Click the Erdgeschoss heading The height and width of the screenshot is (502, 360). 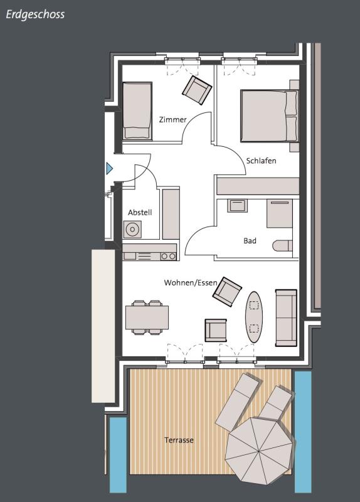pyautogui.click(x=35, y=14)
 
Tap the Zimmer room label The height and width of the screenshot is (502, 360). pyautogui.click(x=173, y=120)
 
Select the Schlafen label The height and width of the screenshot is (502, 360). pyautogui.click(x=261, y=161)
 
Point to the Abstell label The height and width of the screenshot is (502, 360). pyautogui.click(x=140, y=212)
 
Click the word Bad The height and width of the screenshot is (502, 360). pyautogui.click(x=250, y=241)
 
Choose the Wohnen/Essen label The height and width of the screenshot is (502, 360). pyautogui.click(x=191, y=283)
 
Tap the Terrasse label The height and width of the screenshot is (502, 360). pyautogui.click(x=179, y=441)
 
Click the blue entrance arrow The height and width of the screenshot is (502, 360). pyautogui.click(x=109, y=168)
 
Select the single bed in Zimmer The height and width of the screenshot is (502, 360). pyautogui.click(x=137, y=111)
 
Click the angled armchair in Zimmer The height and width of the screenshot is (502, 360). pyautogui.click(x=197, y=90)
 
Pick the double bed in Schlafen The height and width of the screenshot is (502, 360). pyautogui.click(x=270, y=115)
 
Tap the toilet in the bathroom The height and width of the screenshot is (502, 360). pyautogui.click(x=283, y=246)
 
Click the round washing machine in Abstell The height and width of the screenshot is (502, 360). pyautogui.click(x=132, y=229)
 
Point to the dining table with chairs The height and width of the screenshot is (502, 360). pyautogui.click(x=147, y=318)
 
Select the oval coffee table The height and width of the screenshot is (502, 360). pyautogui.click(x=254, y=317)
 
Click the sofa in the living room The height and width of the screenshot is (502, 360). pyautogui.click(x=287, y=318)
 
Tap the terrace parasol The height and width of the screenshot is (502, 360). pyautogui.click(x=259, y=451)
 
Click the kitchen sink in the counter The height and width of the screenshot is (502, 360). pyautogui.click(x=130, y=256)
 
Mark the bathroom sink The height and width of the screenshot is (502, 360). pyautogui.click(x=237, y=206)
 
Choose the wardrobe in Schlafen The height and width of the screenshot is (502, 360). pyautogui.click(x=258, y=186)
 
